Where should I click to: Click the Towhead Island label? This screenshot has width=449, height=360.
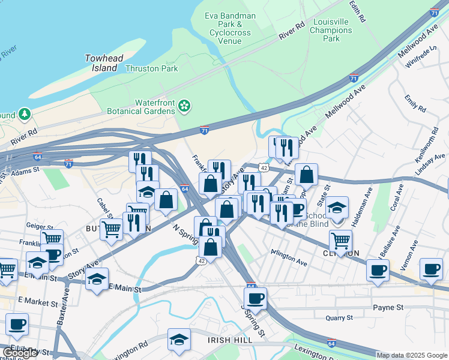coord(101,63)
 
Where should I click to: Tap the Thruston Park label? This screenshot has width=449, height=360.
coord(152,68)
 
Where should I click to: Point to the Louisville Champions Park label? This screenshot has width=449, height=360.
coord(331,30)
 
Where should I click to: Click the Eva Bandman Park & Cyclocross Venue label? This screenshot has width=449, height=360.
coord(231,28)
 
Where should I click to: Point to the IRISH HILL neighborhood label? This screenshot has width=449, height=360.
coord(228,340)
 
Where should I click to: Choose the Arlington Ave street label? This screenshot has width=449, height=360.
coord(289,258)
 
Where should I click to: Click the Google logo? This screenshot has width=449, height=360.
coord(20,353)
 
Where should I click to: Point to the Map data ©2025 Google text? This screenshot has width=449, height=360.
coord(412,355)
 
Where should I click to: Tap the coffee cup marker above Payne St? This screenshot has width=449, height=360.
coord(255,298)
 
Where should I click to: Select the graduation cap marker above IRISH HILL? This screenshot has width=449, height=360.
coord(179,340)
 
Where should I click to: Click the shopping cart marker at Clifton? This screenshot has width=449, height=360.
coord(341,241)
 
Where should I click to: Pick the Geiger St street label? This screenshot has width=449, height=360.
coord(38,226)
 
